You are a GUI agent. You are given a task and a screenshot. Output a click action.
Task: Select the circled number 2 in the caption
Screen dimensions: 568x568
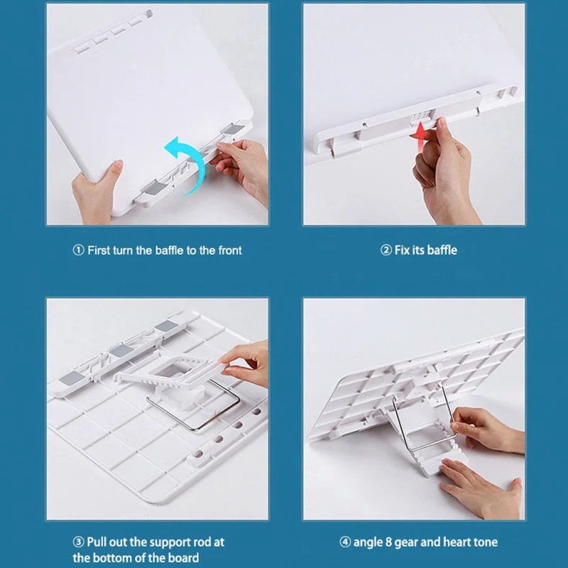(386, 251)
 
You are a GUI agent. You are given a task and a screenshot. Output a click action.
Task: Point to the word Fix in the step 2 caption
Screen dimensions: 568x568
(401, 250)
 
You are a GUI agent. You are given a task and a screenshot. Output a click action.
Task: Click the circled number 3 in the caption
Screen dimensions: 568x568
(78, 542)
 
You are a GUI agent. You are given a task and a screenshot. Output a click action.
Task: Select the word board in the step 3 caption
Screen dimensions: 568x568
(185, 558)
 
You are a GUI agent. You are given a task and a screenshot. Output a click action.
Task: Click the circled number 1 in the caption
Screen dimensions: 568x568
(78, 251)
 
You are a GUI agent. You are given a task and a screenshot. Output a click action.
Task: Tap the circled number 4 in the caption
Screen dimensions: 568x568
(345, 542)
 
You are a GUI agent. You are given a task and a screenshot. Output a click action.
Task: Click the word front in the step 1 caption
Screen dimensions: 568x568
(230, 251)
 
